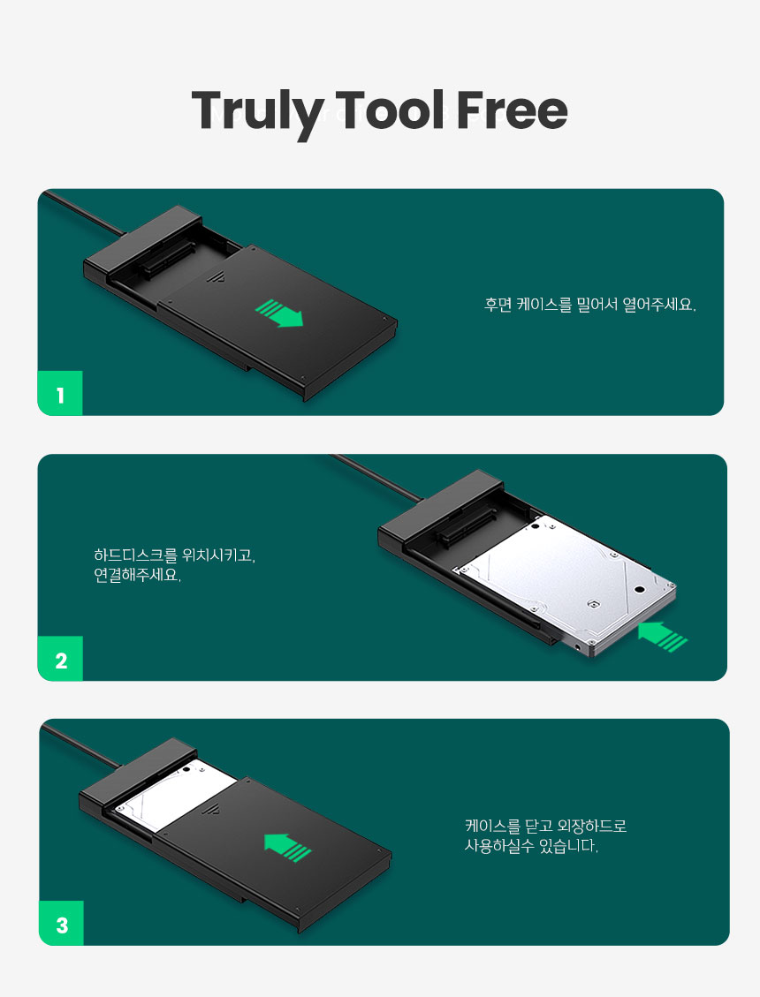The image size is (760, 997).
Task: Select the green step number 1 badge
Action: (x=60, y=393)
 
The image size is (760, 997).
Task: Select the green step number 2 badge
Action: (x=60, y=659)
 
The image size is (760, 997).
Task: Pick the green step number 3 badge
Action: (x=61, y=923)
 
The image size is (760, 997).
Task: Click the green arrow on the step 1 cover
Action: (x=279, y=313)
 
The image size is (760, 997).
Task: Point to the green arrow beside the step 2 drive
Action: (x=663, y=637)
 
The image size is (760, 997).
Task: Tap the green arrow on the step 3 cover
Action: (x=288, y=848)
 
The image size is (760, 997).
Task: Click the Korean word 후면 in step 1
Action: (x=498, y=305)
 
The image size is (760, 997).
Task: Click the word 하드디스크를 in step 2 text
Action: (x=135, y=555)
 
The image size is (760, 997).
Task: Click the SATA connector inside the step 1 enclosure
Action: (x=170, y=259)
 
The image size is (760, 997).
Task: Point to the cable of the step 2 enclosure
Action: (x=376, y=478)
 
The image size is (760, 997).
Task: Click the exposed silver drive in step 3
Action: (x=174, y=796)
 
